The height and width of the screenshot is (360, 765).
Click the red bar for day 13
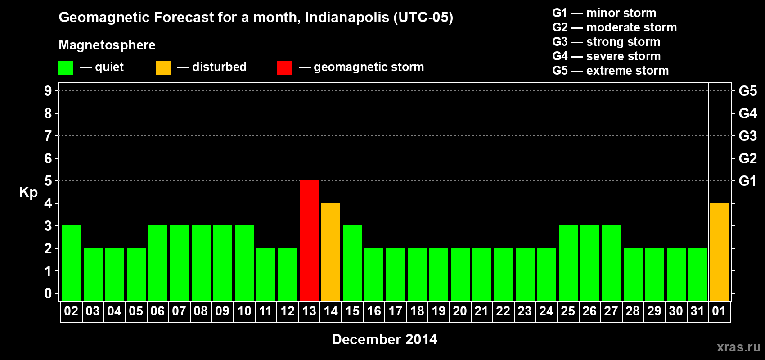coord(309,240)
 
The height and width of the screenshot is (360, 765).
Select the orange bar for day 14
coord(331,252)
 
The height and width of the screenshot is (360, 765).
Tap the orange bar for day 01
coord(719,252)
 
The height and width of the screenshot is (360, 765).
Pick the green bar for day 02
coord(72,263)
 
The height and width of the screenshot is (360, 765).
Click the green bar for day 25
coord(568,263)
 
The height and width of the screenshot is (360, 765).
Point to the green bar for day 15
coord(352,263)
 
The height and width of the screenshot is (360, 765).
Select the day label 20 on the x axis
coord(460,311)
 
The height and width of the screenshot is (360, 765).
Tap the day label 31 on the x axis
coord(697,311)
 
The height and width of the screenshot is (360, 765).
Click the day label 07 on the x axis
coord(179,311)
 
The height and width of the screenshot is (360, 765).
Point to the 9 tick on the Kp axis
coord(48,91)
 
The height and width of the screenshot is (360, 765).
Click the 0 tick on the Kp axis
coord(48,293)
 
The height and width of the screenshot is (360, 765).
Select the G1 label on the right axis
coord(747,181)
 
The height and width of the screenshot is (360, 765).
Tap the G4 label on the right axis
coord(747,113)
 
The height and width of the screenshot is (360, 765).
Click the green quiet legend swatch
coord(66,68)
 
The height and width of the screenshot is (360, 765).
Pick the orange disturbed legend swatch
coord(163,68)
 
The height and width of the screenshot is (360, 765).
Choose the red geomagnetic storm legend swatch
coord(284,68)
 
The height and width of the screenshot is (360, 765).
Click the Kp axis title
coord(28,192)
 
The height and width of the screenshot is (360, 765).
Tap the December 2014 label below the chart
coord(384,339)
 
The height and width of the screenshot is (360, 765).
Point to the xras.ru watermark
coord(738,347)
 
